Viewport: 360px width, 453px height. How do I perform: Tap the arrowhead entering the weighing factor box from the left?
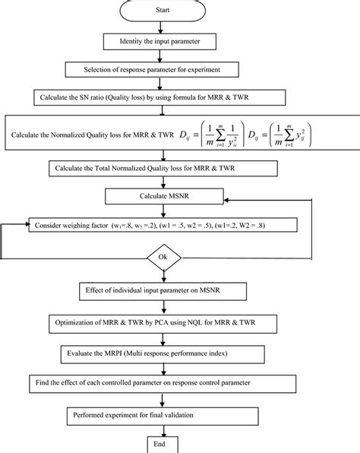25,226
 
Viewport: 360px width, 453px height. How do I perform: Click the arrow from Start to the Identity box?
162,27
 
